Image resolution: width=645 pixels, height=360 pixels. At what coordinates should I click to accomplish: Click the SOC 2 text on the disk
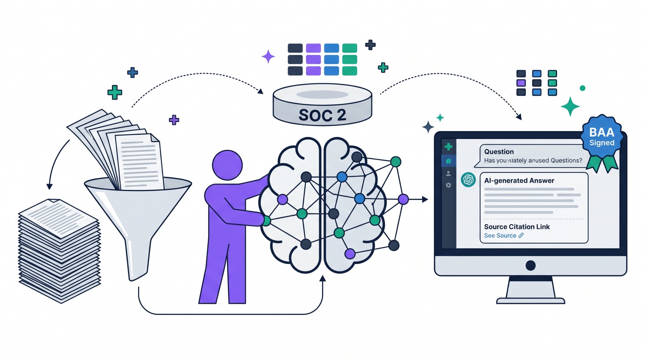pos(322,115)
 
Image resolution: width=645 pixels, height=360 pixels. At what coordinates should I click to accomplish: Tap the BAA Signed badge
pos(602,137)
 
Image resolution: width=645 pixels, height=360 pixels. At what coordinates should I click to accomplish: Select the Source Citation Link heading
pos(517,227)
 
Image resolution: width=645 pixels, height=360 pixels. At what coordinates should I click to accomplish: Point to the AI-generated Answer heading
pos(519,181)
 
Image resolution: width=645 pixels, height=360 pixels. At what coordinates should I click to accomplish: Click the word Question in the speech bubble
pos(499,152)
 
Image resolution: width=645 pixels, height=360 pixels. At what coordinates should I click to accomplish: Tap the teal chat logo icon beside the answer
pos(468,180)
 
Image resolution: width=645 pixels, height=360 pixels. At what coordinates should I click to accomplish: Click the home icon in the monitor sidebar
pos(448,161)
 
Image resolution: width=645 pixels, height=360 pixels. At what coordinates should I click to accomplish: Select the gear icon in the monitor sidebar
pos(448,185)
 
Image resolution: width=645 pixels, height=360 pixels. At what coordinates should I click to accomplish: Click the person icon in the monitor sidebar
pos(448,173)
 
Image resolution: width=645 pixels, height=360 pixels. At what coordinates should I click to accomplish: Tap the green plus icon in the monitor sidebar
pos(448,147)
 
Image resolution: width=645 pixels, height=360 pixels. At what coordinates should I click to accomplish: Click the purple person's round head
pos(227,165)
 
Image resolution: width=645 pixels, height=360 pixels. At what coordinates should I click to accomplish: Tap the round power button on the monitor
pos(530,266)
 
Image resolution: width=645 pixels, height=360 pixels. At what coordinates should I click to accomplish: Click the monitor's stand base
pos(530,300)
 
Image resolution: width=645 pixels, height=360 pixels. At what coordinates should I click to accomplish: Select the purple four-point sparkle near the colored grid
pos(268,57)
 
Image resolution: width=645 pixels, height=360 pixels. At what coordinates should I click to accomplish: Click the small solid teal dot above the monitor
pos(582,88)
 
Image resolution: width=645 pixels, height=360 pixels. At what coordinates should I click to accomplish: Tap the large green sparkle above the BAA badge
pos(570,106)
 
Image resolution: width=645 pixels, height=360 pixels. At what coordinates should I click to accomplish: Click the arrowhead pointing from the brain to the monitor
pos(425,200)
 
